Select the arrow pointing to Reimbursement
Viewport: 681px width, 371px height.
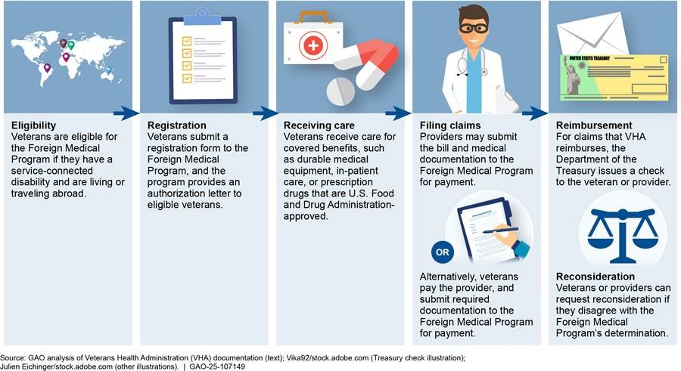point(536,113)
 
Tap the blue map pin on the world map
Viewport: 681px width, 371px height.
point(108,70)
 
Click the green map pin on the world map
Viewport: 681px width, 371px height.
point(73,45)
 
